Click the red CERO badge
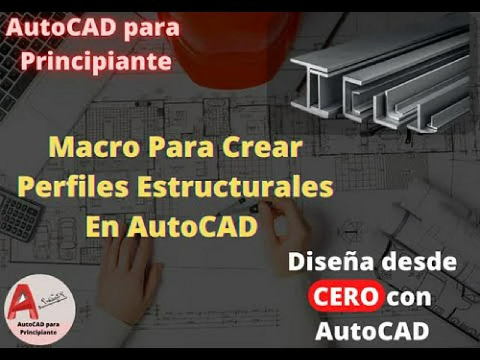(x=345, y=297)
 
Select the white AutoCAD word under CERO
(x=372, y=331)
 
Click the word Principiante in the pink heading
(x=96, y=61)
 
